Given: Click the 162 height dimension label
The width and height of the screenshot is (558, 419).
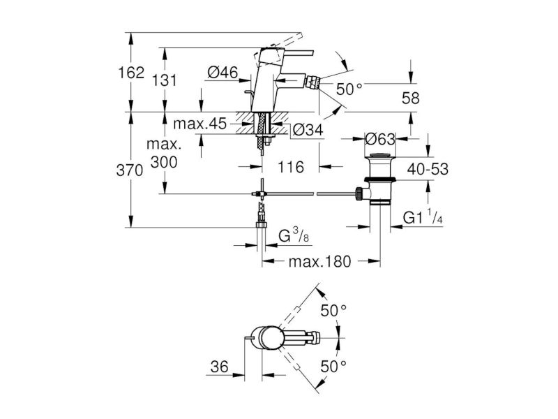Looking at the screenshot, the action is [x=131, y=73].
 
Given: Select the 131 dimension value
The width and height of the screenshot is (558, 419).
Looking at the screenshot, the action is [x=164, y=80].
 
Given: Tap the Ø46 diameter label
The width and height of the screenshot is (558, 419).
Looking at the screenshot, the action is [x=223, y=73].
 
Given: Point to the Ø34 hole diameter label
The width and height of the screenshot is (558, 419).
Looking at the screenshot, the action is [x=308, y=130].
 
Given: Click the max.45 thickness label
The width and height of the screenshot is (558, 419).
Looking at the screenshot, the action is [x=200, y=124].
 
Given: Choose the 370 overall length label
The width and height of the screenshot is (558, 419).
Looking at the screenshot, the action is [x=130, y=170].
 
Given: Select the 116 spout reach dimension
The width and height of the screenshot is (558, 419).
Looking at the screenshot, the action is [x=291, y=167].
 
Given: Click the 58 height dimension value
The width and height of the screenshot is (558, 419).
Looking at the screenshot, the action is [x=411, y=98].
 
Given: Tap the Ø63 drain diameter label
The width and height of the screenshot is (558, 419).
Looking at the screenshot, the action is [x=380, y=139].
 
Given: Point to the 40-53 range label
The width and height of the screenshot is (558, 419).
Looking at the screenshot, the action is [x=428, y=169].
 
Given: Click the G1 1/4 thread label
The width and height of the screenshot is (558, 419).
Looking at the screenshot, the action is [x=423, y=217].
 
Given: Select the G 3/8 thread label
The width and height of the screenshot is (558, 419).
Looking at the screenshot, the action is [x=294, y=235].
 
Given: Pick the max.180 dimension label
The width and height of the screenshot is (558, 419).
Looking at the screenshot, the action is [x=319, y=262].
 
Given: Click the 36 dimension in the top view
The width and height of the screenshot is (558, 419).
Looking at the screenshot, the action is [x=219, y=367].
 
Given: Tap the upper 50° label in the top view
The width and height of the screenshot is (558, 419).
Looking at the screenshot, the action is [x=334, y=311].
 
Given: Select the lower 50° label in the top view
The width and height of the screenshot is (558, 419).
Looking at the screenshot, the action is [x=334, y=366].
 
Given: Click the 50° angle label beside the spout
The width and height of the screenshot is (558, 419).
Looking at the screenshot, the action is [x=349, y=89].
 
